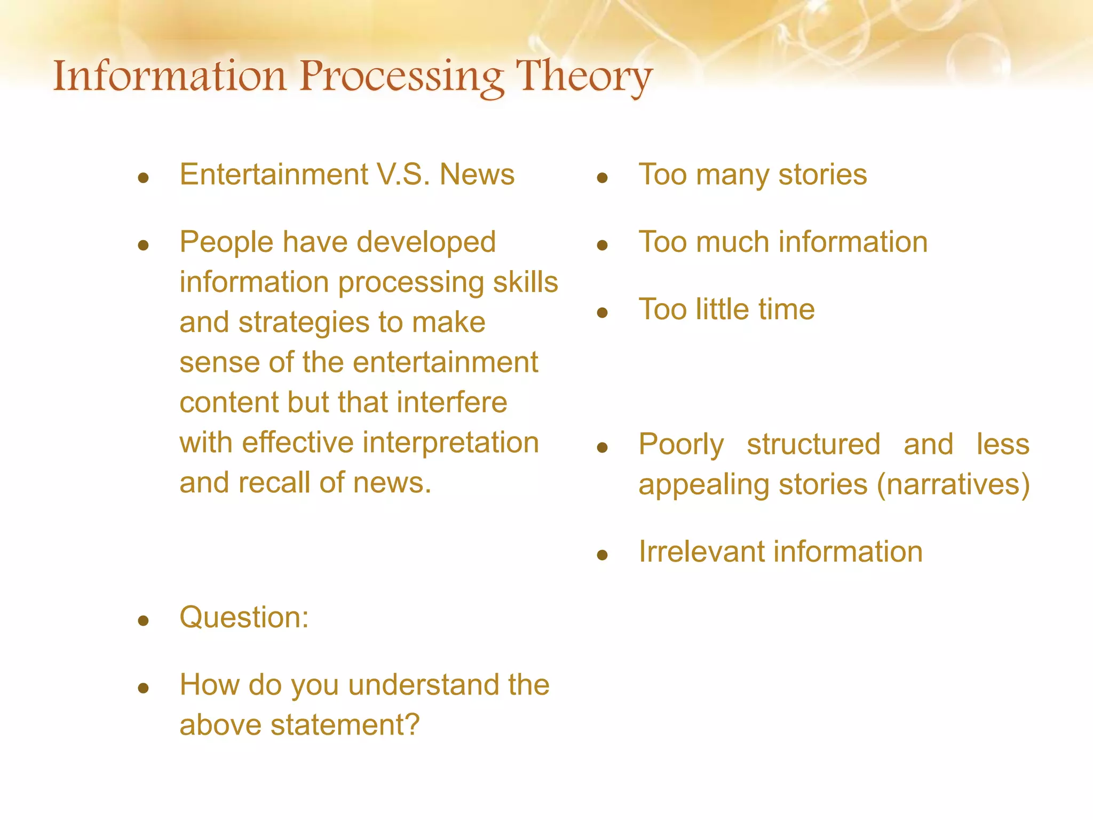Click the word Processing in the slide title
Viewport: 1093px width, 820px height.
pos(401,77)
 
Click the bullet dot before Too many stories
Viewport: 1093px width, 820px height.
pos(603,178)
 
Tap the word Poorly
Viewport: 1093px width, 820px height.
pos(681,445)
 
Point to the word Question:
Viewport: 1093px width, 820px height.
pos(244,618)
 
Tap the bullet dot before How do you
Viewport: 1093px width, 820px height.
pos(143,688)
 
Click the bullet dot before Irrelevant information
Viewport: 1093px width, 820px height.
pos(603,555)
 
